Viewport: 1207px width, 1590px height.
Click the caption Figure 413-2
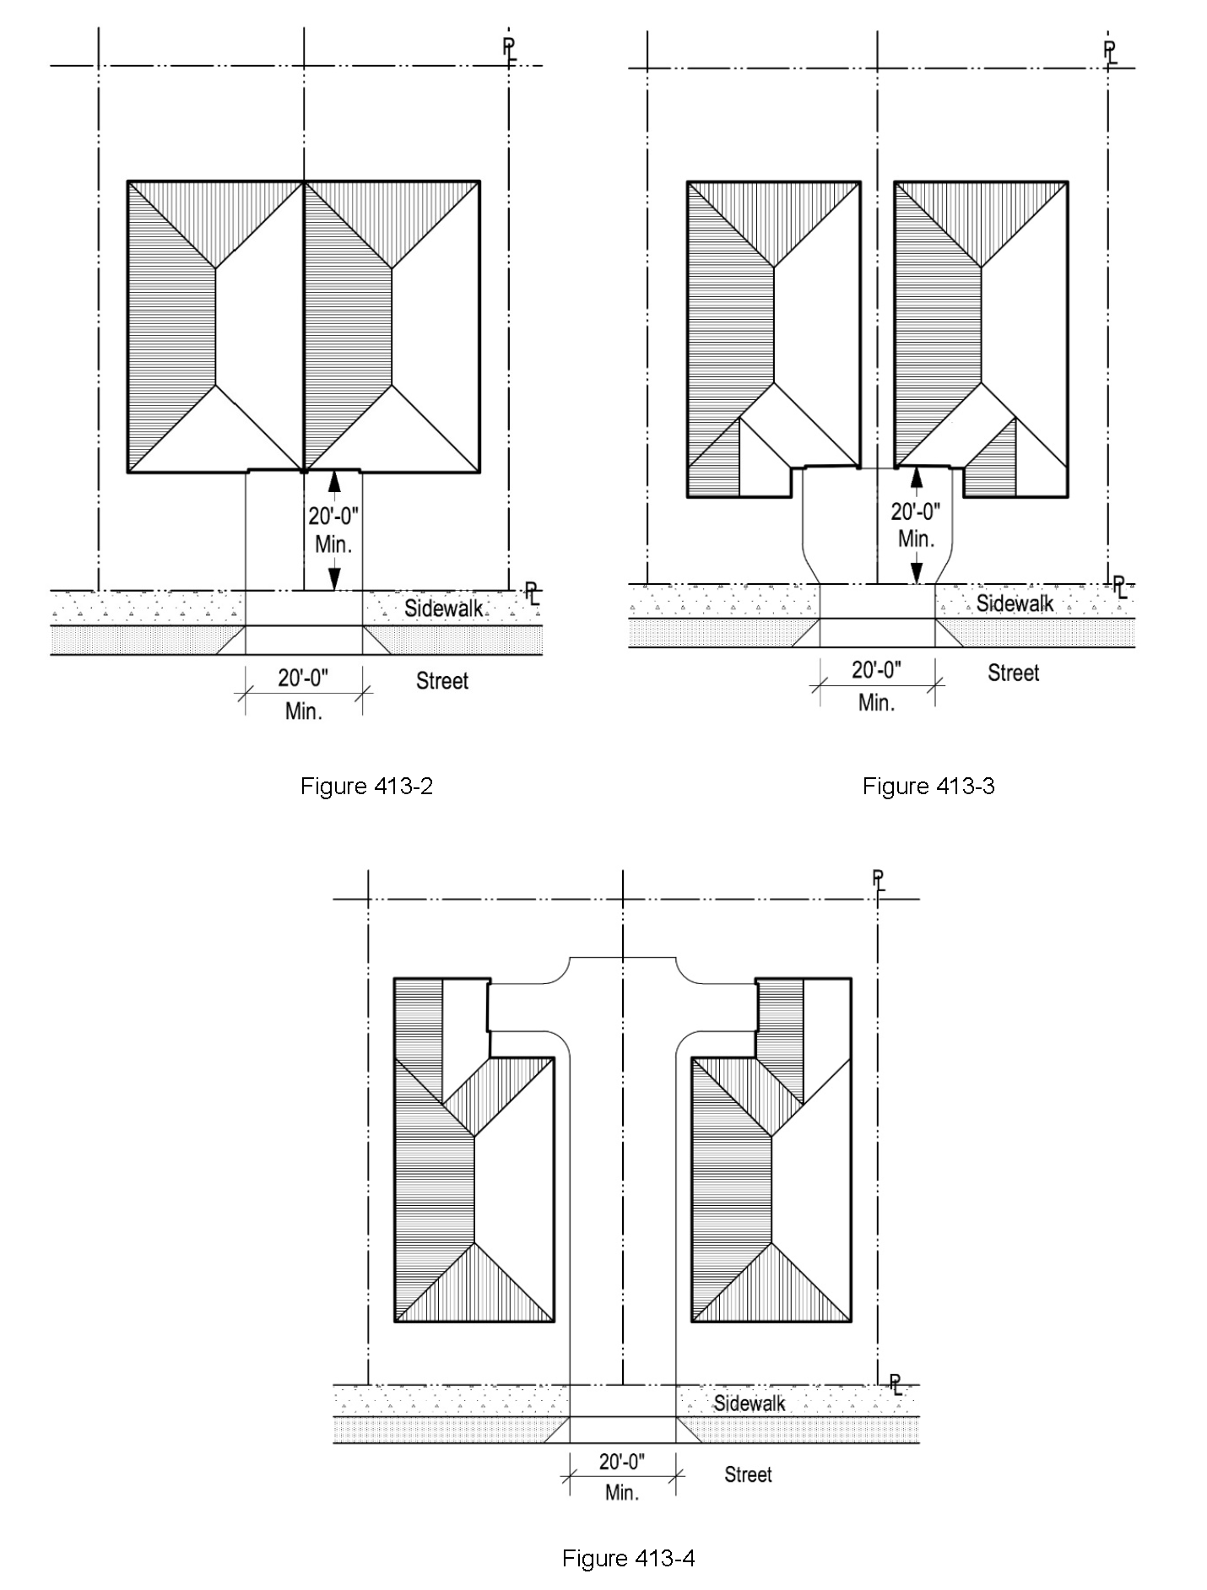coord(367,787)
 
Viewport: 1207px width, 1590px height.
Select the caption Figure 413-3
coord(928,787)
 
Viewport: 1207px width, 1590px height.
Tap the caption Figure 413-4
coord(629,1558)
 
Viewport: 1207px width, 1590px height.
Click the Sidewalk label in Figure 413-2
coord(444,608)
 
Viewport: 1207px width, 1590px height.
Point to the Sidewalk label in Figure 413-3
coord(1015,603)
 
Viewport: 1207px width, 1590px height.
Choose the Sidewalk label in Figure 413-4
coord(750,1403)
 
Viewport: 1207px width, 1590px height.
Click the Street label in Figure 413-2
coord(442,681)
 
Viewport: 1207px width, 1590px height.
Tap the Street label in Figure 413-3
coord(1014,673)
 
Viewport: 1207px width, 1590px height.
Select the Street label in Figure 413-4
coord(748,1474)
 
